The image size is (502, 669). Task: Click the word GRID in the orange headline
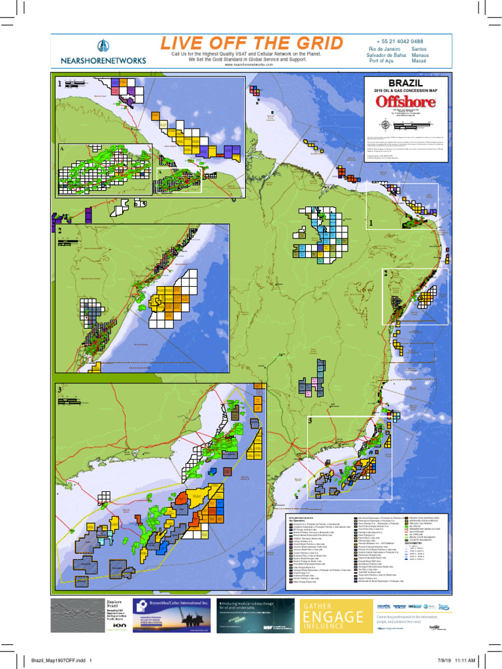click(x=314, y=44)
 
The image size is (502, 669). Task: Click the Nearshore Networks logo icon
click(x=103, y=46)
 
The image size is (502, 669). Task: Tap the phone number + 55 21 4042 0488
click(x=400, y=41)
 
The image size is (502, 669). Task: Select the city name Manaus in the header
click(x=420, y=56)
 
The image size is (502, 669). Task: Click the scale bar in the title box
click(x=418, y=123)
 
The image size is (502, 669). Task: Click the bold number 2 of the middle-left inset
click(x=59, y=231)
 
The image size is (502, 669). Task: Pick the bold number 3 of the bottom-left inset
click(x=59, y=390)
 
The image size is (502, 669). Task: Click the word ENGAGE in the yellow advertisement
click(x=331, y=616)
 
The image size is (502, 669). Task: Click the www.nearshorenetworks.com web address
click(x=248, y=65)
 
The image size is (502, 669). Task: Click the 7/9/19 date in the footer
click(x=435, y=659)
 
